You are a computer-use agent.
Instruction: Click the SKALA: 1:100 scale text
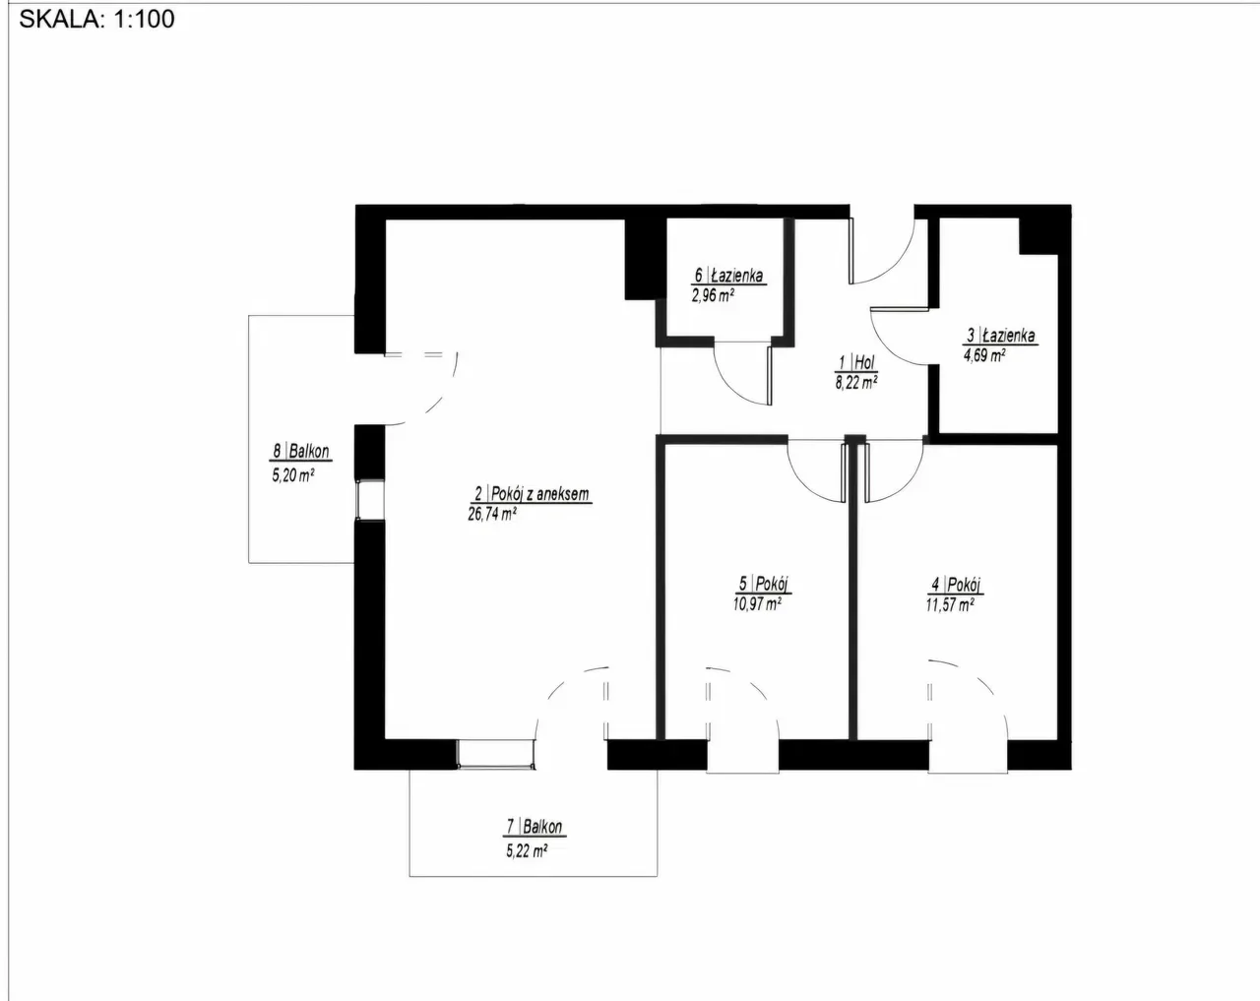coord(96,19)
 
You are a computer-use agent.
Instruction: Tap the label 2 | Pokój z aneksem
coord(532,494)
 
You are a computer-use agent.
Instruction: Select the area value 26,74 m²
coord(492,513)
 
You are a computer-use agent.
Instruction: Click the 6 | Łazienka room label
coord(729,277)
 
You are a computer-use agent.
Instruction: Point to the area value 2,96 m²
coord(715,294)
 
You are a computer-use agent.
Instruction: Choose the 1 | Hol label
coord(856,363)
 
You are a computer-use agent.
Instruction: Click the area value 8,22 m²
coord(856,383)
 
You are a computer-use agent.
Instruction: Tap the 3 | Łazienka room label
coord(1001,336)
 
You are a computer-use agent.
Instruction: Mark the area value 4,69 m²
coord(984,355)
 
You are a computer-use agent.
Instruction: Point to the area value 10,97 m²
coord(757,604)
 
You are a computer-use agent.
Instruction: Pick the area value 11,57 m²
coord(949,605)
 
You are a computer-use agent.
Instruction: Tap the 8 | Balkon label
coord(301,453)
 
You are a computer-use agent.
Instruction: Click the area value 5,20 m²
coord(292,473)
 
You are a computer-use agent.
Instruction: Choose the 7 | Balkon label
coord(535,828)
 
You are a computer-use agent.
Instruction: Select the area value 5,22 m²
coord(527,850)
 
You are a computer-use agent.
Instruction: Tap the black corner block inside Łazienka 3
coord(1039,234)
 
